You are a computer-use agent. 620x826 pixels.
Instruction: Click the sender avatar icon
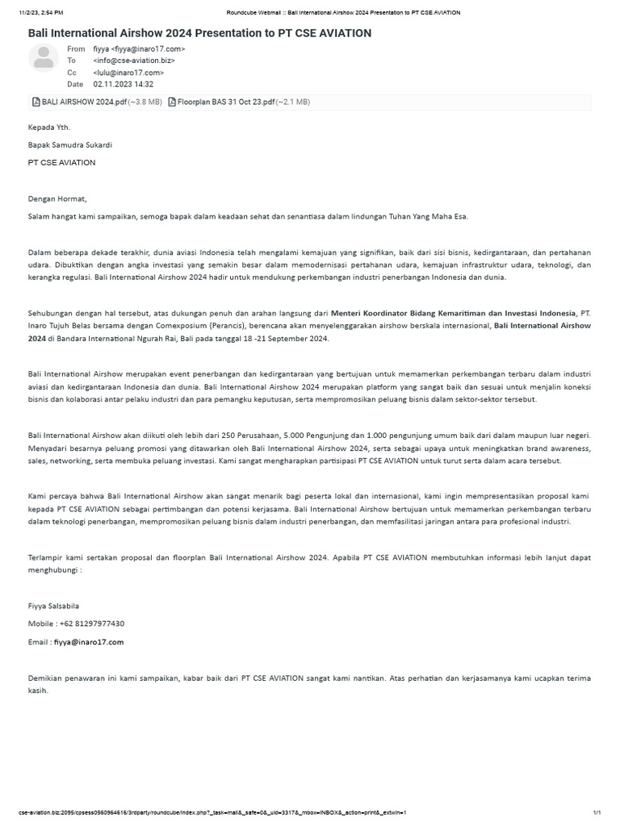click(44, 59)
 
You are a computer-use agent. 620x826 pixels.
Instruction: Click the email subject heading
click(199, 33)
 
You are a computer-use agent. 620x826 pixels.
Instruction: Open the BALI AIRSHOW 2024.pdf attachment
click(84, 102)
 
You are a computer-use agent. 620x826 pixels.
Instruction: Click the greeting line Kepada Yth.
click(49, 127)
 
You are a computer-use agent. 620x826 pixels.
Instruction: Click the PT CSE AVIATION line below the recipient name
click(61, 162)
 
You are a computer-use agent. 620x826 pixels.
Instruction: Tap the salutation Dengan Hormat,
click(57, 198)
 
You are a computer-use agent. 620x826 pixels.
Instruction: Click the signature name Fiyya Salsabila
click(53, 606)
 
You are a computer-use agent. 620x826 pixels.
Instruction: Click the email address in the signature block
click(89, 642)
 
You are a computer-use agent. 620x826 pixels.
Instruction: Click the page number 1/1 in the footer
click(597, 812)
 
